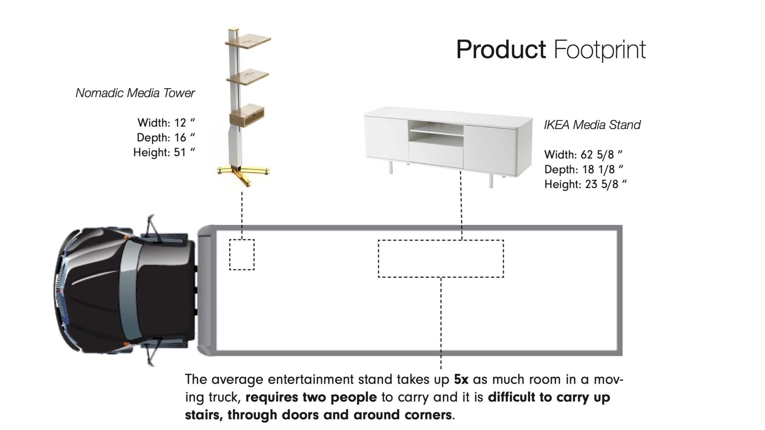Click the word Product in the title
[x=501, y=50]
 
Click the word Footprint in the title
[x=600, y=50]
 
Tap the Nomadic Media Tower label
[x=135, y=93]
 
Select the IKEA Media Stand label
[x=592, y=125]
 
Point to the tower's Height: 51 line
[x=164, y=152]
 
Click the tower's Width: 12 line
[x=166, y=123]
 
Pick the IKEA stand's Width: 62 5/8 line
[x=583, y=155]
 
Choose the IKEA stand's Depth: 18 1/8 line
[x=583, y=170]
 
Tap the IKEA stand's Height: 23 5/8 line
[x=585, y=184]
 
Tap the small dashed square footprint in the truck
[x=242, y=255]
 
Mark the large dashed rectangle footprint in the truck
[x=441, y=258]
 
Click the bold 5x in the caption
[x=461, y=380]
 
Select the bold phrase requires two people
[x=311, y=397]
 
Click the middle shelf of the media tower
[x=248, y=78]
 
